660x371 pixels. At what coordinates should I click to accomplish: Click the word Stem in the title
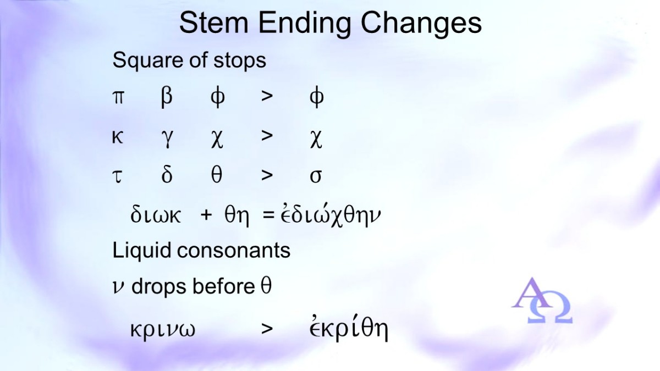(214, 23)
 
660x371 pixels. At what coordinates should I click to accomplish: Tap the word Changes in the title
(421, 24)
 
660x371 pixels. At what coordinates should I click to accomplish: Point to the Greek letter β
(167, 97)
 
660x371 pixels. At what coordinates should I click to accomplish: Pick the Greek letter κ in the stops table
(118, 137)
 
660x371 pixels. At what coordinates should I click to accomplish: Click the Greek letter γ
(167, 139)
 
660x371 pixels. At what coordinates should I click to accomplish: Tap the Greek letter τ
(118, 177)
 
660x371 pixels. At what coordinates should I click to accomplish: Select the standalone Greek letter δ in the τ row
(167, 175)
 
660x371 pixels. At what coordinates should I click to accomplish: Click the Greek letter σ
(316, 177)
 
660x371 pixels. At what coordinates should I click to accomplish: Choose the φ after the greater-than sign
(317, 97)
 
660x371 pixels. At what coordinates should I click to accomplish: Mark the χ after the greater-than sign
(316, 140)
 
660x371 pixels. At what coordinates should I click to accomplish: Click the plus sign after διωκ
(206, 215)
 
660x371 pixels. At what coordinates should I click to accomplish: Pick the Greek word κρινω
(163, 330)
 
